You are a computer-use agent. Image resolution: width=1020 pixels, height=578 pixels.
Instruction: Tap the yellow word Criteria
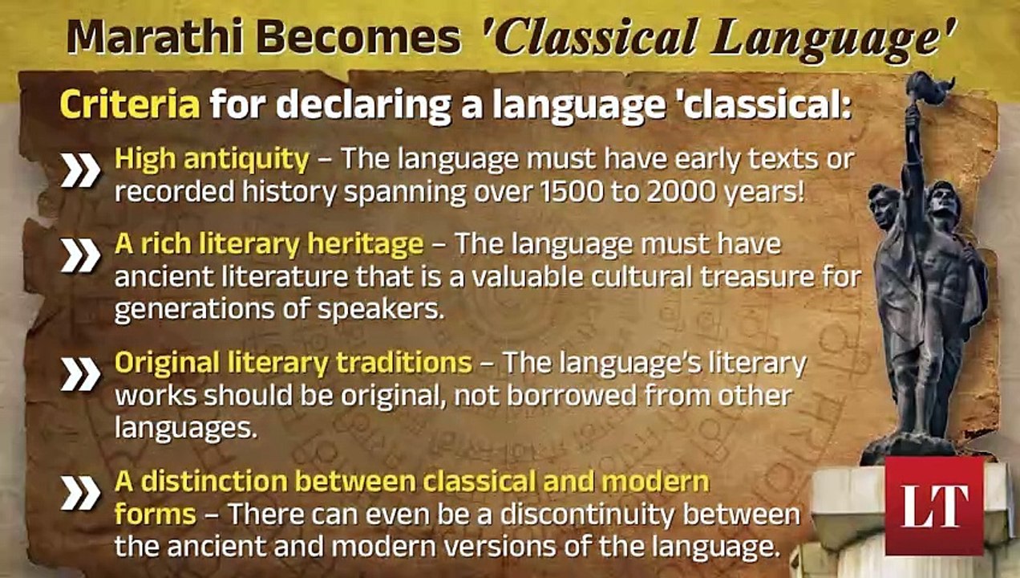(129, 105)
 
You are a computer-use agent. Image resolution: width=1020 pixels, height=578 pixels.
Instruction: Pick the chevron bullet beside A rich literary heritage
(80, 254)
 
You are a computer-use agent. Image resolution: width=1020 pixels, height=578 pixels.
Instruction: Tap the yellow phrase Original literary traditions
(293, 363)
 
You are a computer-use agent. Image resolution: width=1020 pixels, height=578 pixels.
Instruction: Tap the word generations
(191, 309)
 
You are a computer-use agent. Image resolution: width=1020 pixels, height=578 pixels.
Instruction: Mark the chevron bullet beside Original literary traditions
(80, 374)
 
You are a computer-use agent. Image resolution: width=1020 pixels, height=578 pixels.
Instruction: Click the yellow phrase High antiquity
(212, 159)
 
